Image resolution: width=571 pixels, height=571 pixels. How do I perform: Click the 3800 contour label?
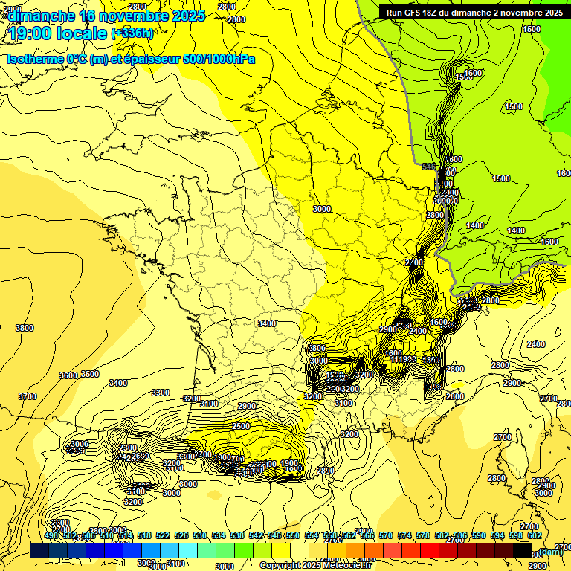tap(25, 328)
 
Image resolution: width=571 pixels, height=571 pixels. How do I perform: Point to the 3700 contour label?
tap(28, 396)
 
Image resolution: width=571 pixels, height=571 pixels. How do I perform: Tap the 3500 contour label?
tap(90, 374)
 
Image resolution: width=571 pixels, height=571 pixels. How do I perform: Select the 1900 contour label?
tap(290, 464)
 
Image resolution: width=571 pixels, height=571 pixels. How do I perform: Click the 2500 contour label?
tap(241, 426)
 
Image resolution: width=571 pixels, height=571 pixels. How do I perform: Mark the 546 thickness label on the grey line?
tap(429, 167)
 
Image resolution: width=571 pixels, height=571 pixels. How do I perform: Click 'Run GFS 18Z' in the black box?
tap(413, 12)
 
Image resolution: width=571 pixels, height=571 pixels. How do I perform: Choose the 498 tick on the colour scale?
tap(51, 535)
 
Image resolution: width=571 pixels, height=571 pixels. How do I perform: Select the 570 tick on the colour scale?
tap(386, 535)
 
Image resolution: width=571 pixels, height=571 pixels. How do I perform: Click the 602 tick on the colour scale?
tap(535, 535)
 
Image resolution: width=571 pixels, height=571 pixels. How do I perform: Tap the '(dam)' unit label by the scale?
tap(551, 551)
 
